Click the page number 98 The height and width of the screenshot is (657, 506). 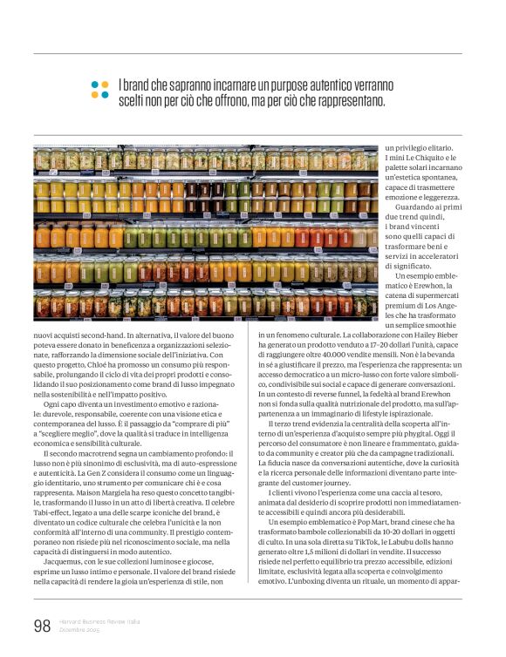42,625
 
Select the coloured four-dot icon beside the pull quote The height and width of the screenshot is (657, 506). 99,90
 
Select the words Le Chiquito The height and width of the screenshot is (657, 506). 427,159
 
